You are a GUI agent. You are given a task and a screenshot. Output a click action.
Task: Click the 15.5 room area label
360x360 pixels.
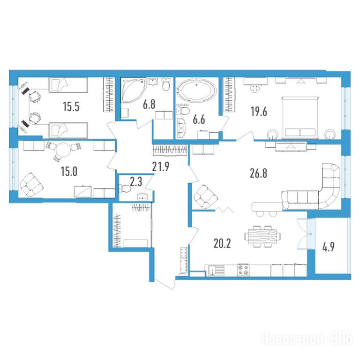[71, 107]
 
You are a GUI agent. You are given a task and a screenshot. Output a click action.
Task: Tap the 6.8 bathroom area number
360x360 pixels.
[149, 105]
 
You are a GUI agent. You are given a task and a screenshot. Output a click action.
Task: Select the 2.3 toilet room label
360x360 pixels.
[136, 181]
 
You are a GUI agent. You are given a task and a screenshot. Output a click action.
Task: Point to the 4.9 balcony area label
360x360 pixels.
[328, 247]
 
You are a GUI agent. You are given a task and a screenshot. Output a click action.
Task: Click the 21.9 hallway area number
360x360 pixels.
[161, 166]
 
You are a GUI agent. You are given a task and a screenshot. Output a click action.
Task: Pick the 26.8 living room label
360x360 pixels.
[259, 173]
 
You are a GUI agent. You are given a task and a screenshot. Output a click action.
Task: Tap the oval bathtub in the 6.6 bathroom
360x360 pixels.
[196, 90]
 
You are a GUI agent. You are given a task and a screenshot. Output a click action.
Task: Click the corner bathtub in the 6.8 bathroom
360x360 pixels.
[133, 90]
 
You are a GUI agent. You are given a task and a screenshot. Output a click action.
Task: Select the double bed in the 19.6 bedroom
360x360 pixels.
[300, 118]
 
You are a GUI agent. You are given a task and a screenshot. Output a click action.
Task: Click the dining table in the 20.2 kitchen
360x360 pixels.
[262, 236]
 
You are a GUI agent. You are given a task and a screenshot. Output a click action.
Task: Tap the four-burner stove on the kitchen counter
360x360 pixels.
[243, 270]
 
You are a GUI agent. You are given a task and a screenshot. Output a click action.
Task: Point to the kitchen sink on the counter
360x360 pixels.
[216, 270]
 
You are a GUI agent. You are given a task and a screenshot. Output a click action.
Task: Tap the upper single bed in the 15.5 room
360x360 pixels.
[68, 85]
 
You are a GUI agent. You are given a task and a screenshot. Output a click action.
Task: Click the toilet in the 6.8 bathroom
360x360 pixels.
[166, 84]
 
